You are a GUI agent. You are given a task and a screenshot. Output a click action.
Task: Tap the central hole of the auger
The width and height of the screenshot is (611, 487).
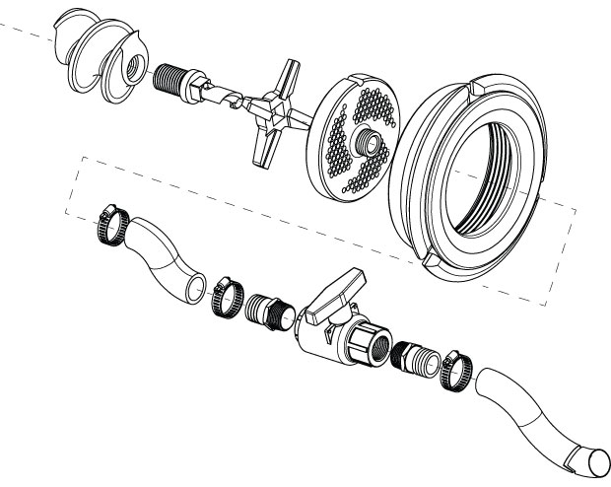129,70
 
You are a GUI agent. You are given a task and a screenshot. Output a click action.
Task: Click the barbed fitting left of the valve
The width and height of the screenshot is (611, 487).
268,310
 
